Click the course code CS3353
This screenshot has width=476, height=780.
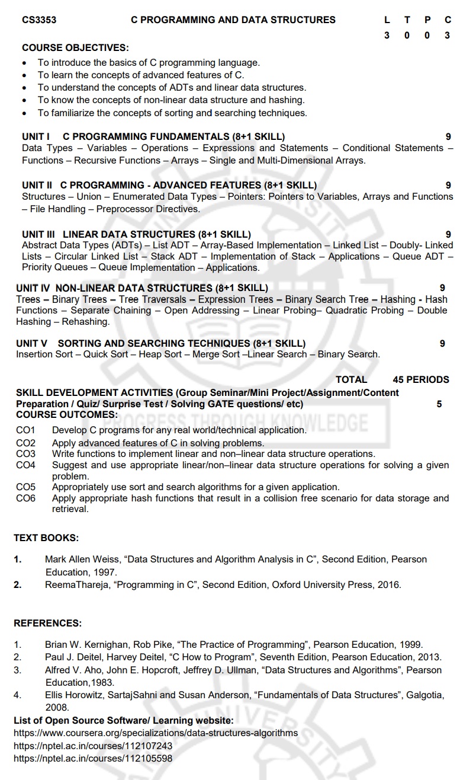39,20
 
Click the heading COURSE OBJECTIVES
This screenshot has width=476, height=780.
75,47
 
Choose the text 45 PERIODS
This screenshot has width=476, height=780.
420,379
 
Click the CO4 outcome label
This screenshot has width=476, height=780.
25,465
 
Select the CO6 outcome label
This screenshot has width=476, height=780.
25,498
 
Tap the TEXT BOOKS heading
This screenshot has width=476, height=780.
46,538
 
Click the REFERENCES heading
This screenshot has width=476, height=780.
47,623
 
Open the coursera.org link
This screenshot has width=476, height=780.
155,733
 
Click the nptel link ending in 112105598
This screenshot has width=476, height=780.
93,758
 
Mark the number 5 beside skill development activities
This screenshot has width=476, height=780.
439,404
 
